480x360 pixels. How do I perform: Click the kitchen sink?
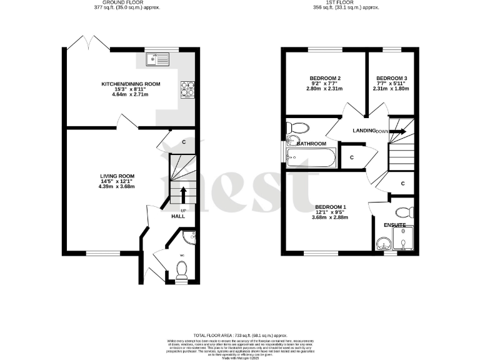click(157, 59)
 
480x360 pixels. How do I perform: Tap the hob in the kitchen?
click(187, 90)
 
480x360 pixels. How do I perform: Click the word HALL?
click(179, 216)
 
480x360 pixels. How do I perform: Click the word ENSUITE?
click(395, 224)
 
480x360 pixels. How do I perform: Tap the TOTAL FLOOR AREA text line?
click(239, 336)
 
